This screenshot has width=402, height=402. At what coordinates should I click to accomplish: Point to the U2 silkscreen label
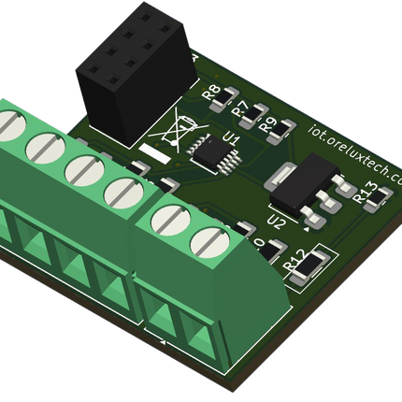pos(276,223)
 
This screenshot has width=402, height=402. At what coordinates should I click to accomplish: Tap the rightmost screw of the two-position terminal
pos(210,243)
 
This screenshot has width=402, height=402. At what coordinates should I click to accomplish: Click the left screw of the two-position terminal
pos(171,220)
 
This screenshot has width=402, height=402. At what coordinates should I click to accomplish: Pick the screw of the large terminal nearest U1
pos(122,193)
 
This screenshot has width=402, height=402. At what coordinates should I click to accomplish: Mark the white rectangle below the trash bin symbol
pos(151,151)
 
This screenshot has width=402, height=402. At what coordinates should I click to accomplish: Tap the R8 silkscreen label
pos(210,92)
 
